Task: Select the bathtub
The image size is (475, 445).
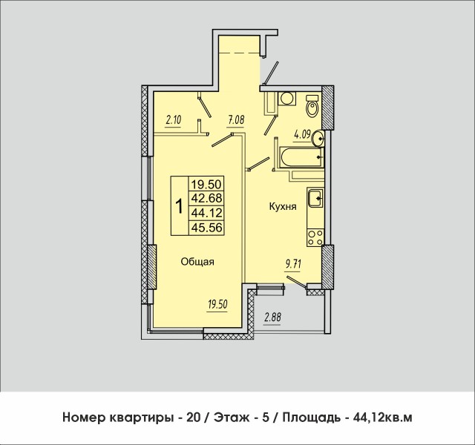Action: pos(299,156)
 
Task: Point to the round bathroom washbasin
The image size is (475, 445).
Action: pos(318,137)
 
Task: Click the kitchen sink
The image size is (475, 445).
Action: pos(314,197)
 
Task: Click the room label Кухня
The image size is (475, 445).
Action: pos(283,208)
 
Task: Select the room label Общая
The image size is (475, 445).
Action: pos(198,261)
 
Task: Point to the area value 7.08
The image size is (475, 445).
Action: pos(236,118)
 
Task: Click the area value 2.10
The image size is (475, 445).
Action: pos(173,119)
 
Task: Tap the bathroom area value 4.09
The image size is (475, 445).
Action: pos(302,134)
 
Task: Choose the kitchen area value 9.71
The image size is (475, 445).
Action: pos(296,263)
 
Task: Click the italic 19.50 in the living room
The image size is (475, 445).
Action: pos(216,303)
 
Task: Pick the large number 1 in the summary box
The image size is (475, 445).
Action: pos(179,206)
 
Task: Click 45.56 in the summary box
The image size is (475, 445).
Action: pos(207,228)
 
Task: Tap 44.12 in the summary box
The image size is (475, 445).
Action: pos(207,214)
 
